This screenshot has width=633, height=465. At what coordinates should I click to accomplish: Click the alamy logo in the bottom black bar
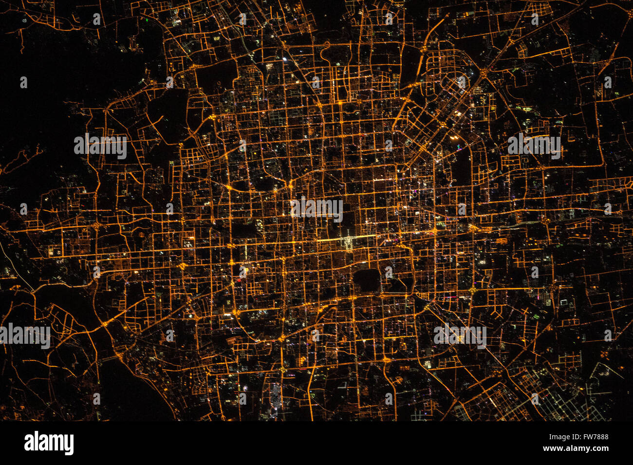[49, 443]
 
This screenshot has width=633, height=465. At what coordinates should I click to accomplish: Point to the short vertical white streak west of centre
[245, 251]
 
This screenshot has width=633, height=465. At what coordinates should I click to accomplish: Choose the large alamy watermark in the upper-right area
[534, 145]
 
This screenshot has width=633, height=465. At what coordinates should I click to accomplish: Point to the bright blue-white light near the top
[285, 59]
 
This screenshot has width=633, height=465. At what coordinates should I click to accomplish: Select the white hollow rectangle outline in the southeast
[564, 302]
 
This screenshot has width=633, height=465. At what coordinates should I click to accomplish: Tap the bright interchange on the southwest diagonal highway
[105, 323]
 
